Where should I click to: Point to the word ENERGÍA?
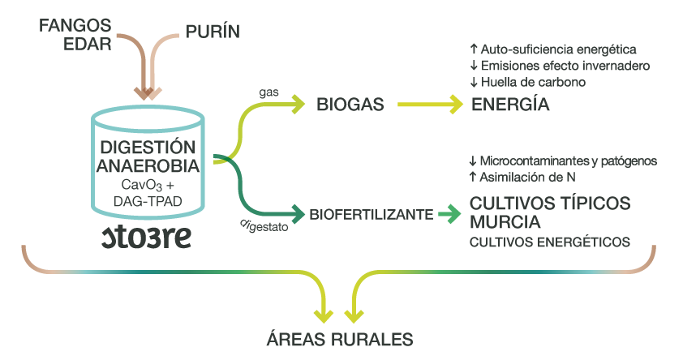click(510, 105)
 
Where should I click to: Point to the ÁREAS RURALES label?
click(341, 338)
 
